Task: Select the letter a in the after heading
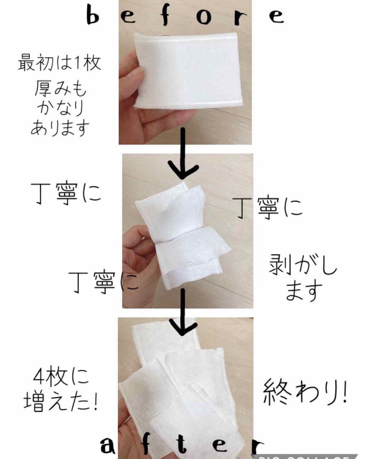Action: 108,445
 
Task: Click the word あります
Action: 60,128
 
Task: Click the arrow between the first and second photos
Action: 182,154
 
